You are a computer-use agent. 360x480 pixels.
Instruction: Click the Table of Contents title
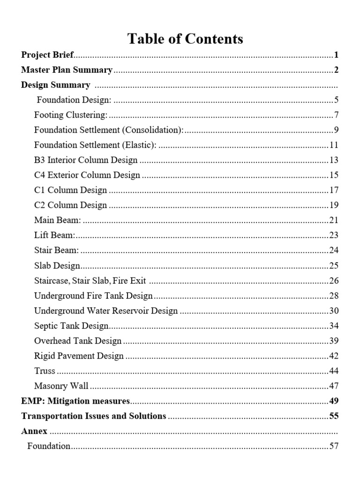pyautogui.click(x=185, y=39)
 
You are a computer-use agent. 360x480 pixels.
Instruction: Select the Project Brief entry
pyautogui.click(x=47, y=55)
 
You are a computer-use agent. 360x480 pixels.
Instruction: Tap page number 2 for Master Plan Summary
pyautogui.click(x=336, y=70)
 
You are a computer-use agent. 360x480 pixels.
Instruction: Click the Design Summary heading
pyautogui.click(x=56, y=85)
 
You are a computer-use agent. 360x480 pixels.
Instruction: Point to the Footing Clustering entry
pyautogui.click(x=71, y=115)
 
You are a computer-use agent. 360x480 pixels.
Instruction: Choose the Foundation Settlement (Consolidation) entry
pyautogui.click(x=109, y=130)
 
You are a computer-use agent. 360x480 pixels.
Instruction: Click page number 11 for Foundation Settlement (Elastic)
pyautogui.click(x=334, y=145)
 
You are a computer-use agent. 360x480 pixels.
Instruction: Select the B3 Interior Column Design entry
pyautogui.click(x=86, y=160)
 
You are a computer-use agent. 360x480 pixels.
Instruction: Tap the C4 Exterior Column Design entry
pyautogui.click(x=87, y=175)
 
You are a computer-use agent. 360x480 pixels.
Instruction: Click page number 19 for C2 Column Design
pyautogui.click(x=334, y=205)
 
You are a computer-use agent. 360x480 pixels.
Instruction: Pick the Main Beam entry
pyautogui.click(x=58, y=220)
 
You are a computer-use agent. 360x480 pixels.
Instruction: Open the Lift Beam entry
pyautogui.click(x=55, y=235)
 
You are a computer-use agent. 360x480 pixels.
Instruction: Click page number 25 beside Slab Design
pyautogui.click(x=334, y=266)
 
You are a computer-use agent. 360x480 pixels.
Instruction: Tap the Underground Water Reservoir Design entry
pyautogui.click(x=106, y=311)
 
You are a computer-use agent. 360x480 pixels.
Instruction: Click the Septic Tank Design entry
pyautogui.click(x=72, y=326)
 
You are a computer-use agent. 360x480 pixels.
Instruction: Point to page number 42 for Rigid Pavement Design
pyautogui.click(x=334, y=356)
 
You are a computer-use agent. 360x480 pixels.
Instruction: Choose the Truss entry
pyautogui.click(x=45, y=371)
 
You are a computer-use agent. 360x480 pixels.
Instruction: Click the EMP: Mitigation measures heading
pyautogui.click(x=75, y=401)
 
